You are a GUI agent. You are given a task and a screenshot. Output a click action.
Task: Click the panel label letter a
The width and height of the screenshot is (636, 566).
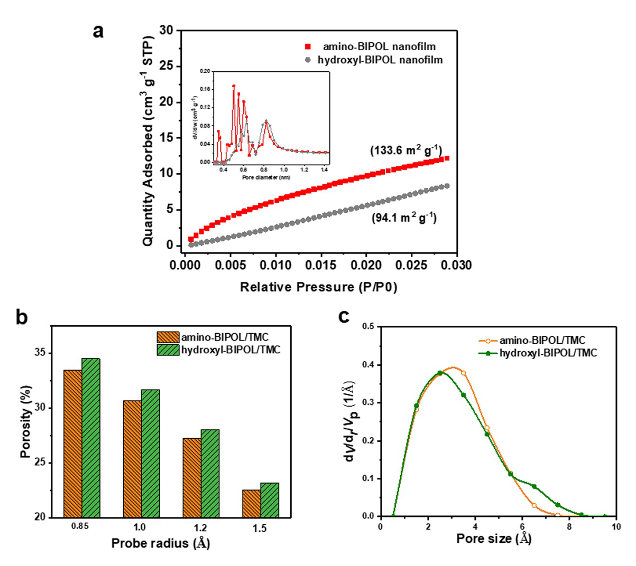click(x=98, y=31)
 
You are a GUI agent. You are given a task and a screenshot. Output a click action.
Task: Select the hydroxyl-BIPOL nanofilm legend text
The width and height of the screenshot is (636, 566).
click(x=380, y=60)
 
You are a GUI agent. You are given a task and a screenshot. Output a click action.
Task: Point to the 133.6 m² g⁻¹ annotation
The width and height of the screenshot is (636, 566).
click(x=405, y=150)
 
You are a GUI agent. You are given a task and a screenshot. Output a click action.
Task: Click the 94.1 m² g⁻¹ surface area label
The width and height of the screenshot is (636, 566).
click(x=404, y=217)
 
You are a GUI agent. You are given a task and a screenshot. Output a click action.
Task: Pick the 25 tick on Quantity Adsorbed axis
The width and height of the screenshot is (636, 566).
click(x=166, y=67)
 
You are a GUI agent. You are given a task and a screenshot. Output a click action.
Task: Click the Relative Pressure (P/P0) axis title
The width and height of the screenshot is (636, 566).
click(x=319, y=287)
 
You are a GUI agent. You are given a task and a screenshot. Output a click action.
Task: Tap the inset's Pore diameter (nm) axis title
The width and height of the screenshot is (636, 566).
click(x=266, y=177)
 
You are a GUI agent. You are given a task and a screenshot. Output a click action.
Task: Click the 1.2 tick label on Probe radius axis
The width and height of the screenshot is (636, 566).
click(x=201, y=527)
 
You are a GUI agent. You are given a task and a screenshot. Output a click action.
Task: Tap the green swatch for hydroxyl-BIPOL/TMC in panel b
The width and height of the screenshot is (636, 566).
click(x=168, y=350)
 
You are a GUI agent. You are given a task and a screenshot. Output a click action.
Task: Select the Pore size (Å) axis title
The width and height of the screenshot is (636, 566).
click(x=494, y=539)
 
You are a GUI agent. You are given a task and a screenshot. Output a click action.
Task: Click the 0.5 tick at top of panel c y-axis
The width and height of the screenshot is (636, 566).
click(x=368, y=327)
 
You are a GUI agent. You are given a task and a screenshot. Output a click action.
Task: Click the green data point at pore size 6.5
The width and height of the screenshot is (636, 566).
click(x=534, y=486)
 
